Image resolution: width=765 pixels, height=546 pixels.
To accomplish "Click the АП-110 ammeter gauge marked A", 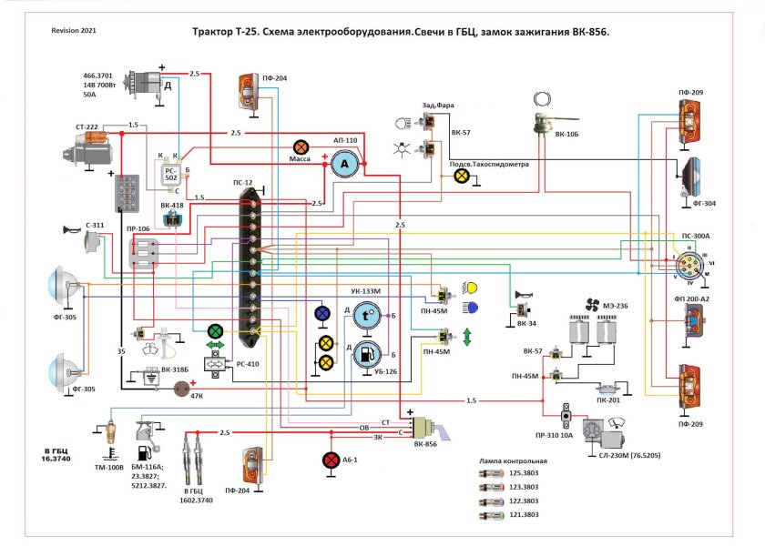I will point(343,164).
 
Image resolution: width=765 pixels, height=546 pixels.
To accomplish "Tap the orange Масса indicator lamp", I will point(300,147).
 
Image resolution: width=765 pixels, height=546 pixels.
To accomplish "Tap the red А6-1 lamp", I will point(331,460).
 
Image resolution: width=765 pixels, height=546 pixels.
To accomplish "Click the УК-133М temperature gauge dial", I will point(366,316).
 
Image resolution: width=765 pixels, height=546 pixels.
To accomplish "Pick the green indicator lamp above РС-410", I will point(216,331).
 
